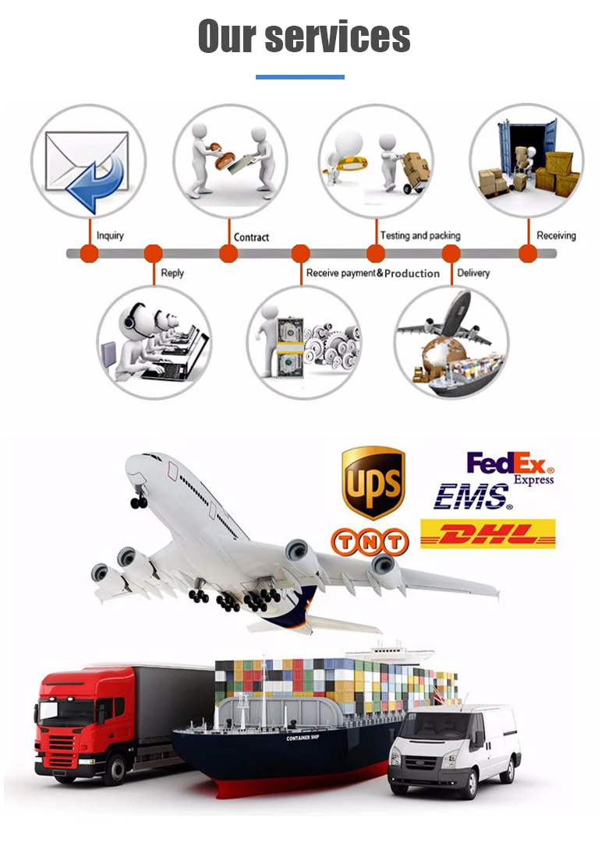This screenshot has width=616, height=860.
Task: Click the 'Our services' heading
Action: pos(304,36)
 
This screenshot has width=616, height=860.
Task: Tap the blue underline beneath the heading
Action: pos(300,76)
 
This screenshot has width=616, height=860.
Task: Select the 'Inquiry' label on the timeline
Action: pos(110,235)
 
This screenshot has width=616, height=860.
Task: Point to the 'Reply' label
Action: pos(172,273)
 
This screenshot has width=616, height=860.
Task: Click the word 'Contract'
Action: pos(251,237)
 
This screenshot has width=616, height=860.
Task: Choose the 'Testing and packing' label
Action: pos(420,235)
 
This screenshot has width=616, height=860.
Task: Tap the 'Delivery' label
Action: pos(473,273)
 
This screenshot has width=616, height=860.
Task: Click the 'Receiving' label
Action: pos(556,235)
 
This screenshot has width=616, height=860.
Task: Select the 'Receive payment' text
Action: pos(341,273)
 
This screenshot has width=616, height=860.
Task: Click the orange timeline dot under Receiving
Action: pos(528,253)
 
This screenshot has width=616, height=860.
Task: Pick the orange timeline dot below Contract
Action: pos(228,253)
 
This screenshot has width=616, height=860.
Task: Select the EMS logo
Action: pos(473,496)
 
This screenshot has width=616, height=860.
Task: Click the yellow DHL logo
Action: pos(488,534)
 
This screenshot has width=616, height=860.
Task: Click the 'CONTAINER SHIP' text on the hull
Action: pos(304,738)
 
